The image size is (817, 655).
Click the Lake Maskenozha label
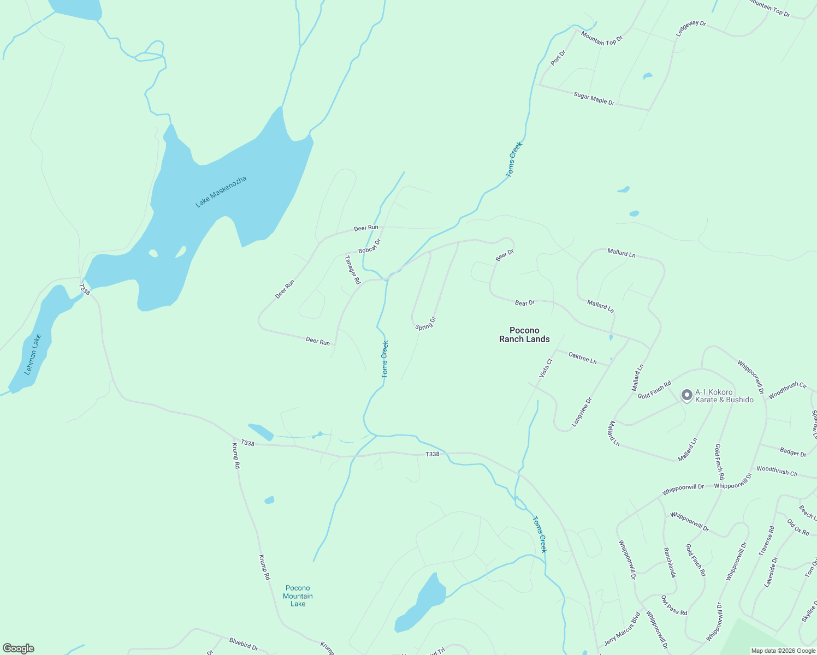tap(221, 191)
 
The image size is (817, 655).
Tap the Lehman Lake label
tap(33, 354)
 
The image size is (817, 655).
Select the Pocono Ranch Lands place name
tap(524, 335)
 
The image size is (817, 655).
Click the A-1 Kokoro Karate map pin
tap(687, 395)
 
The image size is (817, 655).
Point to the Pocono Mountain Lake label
tap(298, 596)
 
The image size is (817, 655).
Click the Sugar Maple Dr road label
tap(594, 99)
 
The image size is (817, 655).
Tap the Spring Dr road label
tap(425, 323)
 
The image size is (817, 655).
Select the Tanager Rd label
tap(353, 270)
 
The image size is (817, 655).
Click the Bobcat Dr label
tap(369, 246)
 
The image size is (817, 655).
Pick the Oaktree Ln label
tap(583, 358)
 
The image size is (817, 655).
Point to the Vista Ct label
tap(546, 368)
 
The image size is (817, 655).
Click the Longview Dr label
tap(582, 412)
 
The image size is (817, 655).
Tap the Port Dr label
tap(558, 58)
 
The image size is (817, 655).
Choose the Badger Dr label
tap(793, 452)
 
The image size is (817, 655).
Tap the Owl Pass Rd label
tap(674, 605)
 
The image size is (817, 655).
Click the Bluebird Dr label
tap(244, 644)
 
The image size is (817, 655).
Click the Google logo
tap(19, 648)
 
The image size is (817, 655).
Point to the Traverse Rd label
tap(766, 541)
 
